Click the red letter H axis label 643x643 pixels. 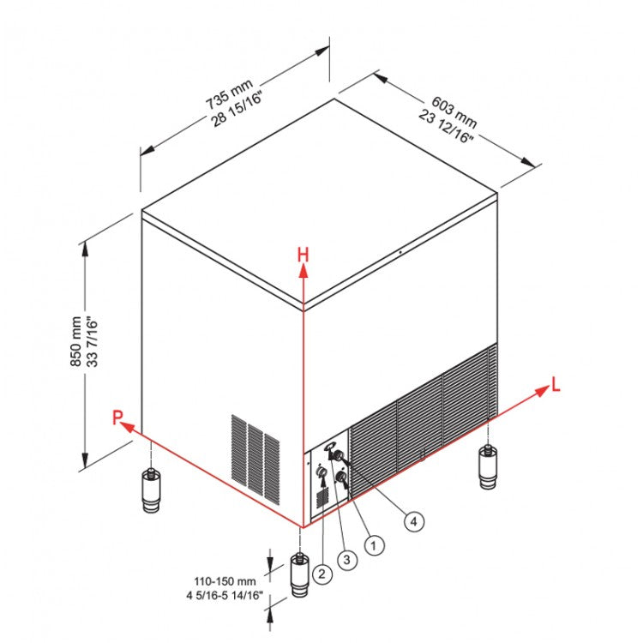pos(303,254)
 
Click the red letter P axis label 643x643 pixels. pos(117,418)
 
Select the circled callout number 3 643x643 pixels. pos(346,560)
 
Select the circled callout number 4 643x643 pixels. pos(415,520)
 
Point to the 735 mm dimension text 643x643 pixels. pos(230,93)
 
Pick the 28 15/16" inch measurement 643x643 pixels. pos(240,107)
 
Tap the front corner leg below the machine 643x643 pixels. pos(299,576)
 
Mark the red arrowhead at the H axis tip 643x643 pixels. pos(303,272)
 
